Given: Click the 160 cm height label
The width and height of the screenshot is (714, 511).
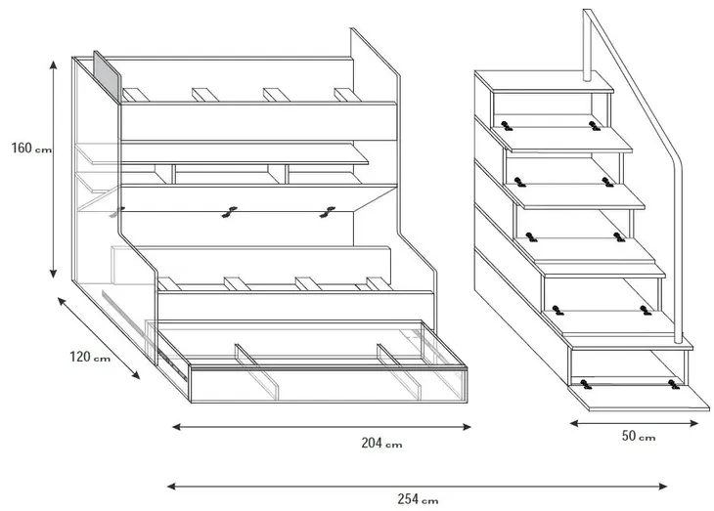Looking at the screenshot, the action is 31,149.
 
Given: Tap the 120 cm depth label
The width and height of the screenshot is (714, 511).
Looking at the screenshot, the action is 90,357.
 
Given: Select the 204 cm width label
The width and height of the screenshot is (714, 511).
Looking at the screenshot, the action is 381,443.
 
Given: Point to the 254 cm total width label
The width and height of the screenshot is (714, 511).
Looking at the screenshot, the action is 418,499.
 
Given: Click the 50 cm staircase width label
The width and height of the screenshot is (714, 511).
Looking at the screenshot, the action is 639,436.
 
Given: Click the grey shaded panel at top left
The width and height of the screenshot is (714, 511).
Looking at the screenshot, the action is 108,77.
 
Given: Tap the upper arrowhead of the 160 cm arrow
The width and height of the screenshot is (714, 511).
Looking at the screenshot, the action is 53,64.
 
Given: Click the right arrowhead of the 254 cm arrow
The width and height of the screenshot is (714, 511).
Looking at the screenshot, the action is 663,487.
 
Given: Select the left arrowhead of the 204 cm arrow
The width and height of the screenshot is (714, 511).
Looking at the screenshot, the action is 177,427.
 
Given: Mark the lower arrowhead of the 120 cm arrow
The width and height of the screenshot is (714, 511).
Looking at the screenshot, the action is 135,374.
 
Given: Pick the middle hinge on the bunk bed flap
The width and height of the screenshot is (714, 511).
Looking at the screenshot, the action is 229,212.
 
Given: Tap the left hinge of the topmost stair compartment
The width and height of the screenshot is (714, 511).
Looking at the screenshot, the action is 506,126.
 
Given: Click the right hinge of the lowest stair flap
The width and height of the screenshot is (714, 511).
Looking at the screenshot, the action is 674,384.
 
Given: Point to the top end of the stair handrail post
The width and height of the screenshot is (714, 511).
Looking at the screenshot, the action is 588,11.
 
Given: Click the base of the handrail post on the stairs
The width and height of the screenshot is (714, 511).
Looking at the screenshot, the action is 678,339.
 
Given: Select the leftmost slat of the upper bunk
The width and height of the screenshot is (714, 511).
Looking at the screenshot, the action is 136,95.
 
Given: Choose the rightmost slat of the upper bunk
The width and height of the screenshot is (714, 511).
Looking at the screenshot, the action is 347,95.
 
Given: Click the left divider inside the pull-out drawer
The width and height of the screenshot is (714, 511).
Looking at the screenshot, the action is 257,371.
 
